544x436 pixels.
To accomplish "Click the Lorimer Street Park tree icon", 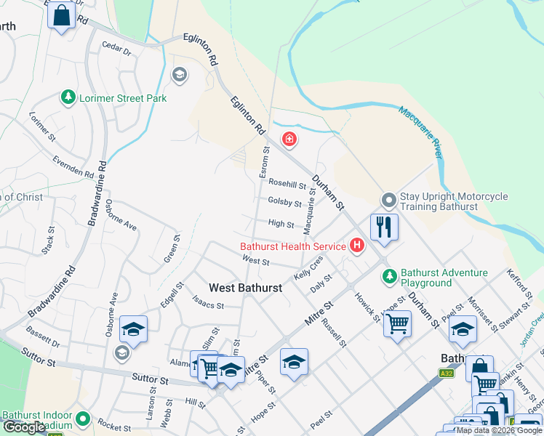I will (68, 97).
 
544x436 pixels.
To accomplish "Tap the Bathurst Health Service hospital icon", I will (356, 246).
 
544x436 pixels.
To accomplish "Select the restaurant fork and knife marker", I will (384, 227).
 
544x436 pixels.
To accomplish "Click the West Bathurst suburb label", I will (245, 288).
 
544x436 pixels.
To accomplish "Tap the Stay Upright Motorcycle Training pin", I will (389, 199).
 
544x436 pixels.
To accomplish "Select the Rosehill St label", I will (287, 185).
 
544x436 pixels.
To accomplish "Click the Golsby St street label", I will (284, 203).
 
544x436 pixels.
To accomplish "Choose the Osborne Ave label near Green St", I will (121, 215).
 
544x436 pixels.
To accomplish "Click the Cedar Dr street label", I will (116, 52).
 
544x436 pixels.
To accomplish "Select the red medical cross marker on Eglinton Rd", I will (289, 139).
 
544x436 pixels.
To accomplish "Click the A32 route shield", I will (447, 374).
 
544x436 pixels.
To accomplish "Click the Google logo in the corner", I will (24, 427).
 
